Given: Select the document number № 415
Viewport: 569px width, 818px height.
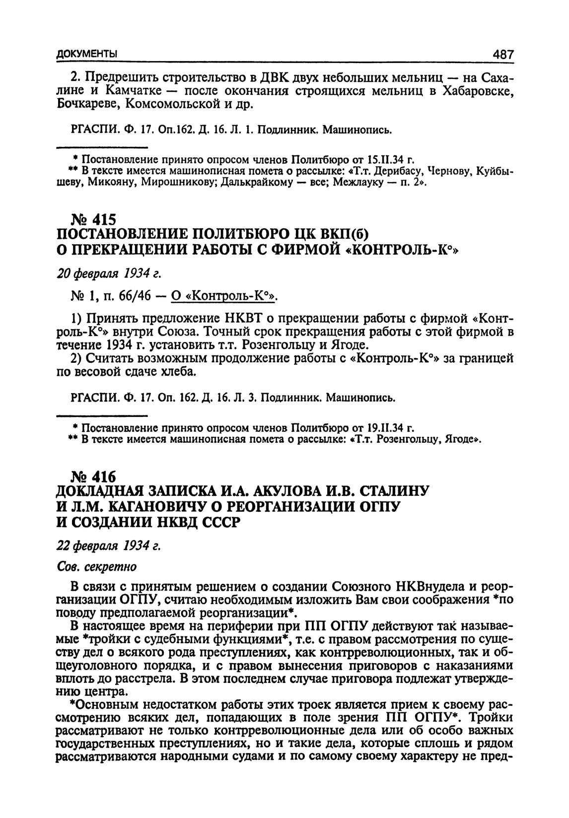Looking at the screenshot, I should click(x=94, y=219).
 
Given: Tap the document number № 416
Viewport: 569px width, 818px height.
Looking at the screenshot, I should click(x=94, y=477).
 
